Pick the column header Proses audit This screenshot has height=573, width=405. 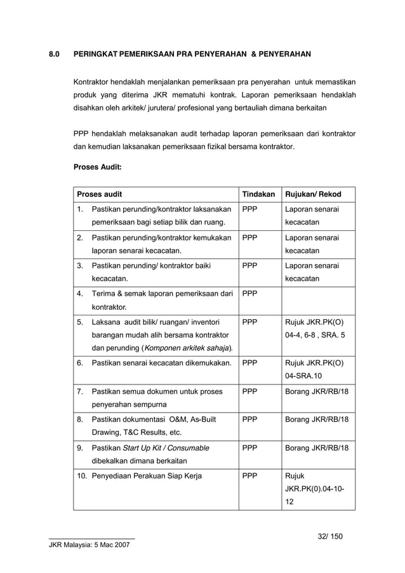coord(100,194)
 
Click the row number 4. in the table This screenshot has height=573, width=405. coord(80,294)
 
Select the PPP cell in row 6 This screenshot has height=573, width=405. coord(249,364)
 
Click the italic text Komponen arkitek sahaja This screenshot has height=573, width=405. coord(189,348)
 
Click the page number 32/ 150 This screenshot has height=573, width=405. coord(330,537)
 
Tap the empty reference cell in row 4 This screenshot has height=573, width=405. coord(317,301)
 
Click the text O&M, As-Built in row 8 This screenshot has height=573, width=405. coord(190,419)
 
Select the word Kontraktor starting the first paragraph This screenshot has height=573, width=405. coord(94,82)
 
